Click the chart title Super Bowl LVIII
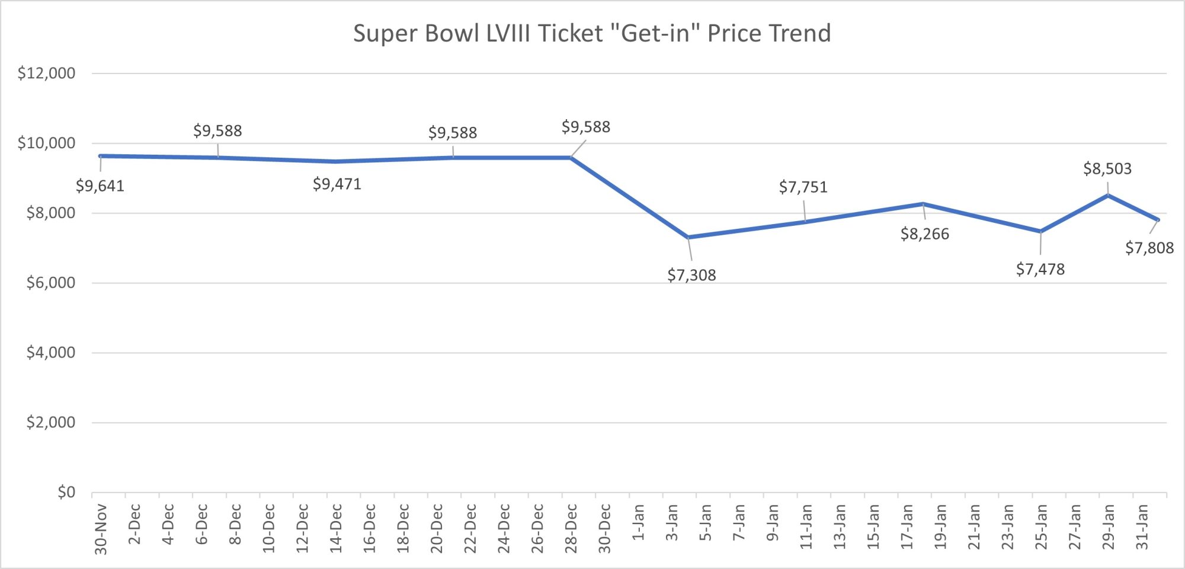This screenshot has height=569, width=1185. (591, 33)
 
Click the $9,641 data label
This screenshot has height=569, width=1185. (100, 186)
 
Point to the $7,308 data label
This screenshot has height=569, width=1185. (691, 275)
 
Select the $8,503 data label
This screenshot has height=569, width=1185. (1107, 169)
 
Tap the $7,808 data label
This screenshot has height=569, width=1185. (1149, 248)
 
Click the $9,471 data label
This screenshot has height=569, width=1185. (337, 184)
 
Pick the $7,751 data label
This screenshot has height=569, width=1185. (802, 187)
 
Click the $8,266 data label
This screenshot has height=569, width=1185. (924, 234)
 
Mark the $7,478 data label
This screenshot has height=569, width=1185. (1040, 270)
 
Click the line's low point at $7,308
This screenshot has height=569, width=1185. (688, 237)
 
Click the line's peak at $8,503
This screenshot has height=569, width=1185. (1107, 195)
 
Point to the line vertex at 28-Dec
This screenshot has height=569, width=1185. (571, 158)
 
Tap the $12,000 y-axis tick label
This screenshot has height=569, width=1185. (46, 73)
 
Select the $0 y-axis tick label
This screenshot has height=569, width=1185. (66, 492)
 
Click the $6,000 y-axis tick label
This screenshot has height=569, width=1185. (50, 283)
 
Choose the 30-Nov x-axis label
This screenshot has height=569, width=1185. (101, 529)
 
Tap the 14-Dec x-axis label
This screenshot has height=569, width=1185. (336, 528)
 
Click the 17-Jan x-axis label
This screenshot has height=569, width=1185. (906, 526)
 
